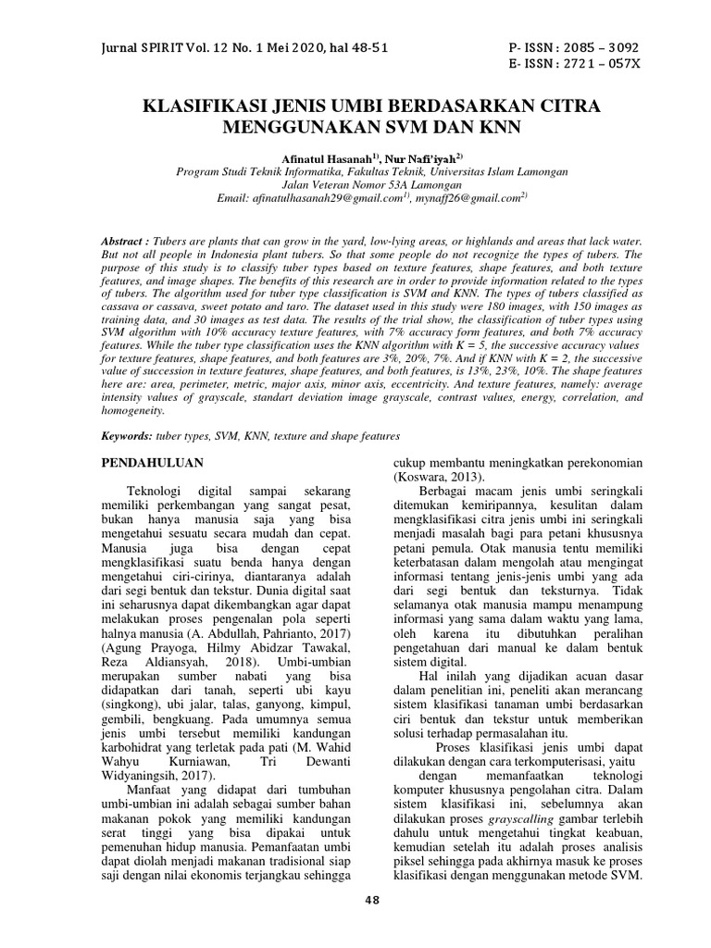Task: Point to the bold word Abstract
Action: point(126,241)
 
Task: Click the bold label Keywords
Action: point(127,435)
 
